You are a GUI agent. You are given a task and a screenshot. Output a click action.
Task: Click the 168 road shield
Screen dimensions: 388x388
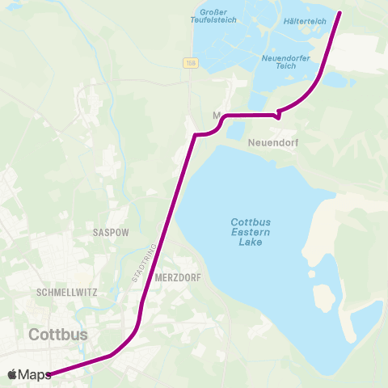tap(191, 63)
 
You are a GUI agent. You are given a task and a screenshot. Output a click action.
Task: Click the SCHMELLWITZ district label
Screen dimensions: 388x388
tap(62, 292)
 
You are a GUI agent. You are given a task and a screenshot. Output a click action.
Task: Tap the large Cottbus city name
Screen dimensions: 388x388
tap(58, 334)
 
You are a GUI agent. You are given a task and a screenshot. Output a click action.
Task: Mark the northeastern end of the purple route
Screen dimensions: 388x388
tap(339, 13)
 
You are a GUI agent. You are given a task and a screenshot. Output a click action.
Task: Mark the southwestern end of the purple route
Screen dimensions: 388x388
tap(49, 373)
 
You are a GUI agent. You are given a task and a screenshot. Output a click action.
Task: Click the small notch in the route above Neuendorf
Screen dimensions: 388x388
tap(277, 114)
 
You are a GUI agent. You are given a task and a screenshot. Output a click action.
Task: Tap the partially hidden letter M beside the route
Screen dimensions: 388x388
tap(216, 115)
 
